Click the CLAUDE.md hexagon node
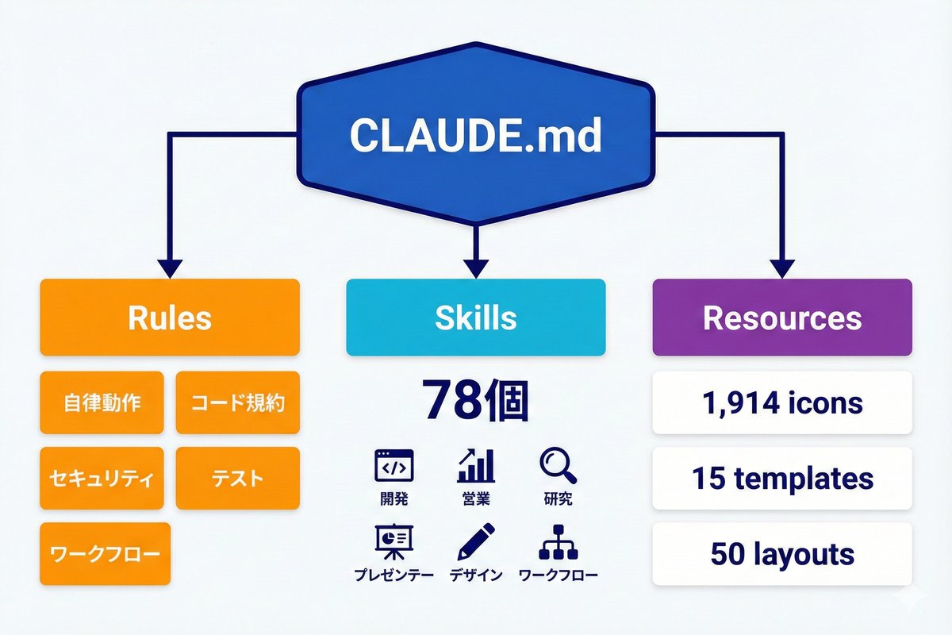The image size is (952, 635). [x=475, y=137]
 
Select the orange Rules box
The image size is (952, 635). [x=170, y=317]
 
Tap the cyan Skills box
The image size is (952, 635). [x=475, y=317]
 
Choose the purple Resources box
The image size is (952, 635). [x=781, y=317]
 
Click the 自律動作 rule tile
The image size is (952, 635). [x=102, y=402]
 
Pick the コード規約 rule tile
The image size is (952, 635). [x=237, y=402]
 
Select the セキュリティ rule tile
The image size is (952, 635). [x=102, y=478]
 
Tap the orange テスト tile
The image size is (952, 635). [x=237, y=478]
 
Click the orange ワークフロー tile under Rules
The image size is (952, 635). [x=105, y=553]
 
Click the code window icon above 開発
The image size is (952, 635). [x=393, y=466]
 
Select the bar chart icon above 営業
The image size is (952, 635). [x=475, y=466]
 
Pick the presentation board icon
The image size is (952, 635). [x=393, y=542]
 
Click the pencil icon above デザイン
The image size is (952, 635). [x=476, y=541]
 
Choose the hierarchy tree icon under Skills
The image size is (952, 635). [x=557, y=542]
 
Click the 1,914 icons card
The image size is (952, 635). [x=781, y=402]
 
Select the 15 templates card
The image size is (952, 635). [x=781, y=478]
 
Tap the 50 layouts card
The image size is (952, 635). [x=781, y=553]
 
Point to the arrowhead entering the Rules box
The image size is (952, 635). [x=170, y=268]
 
